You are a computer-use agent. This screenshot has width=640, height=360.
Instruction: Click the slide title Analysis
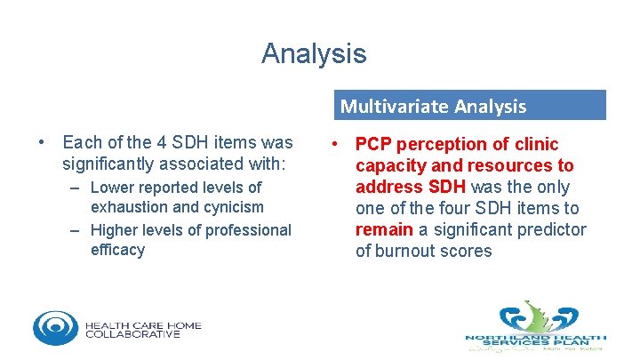[x=313, y=53]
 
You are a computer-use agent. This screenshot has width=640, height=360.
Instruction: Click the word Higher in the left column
[x=116, y=230]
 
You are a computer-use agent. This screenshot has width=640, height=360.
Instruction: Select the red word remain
[x=384, y=229]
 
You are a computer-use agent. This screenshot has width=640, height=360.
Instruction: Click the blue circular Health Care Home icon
[x=55, y=327]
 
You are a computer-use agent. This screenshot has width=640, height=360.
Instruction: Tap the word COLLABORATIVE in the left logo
[x=132, y=334]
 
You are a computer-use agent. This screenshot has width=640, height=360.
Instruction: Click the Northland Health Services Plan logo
[x=536, y=325]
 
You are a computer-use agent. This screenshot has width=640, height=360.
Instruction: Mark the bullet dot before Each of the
[x=43, y=142]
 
